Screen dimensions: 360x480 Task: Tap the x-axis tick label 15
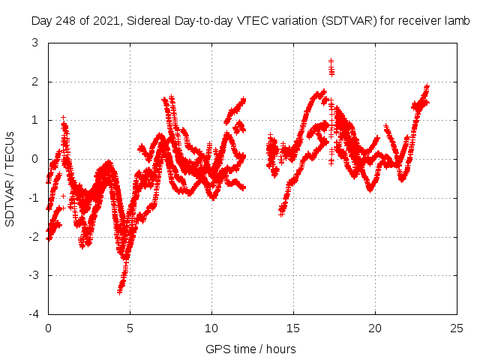point(293,328)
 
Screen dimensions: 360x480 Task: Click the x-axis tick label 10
point(211,328)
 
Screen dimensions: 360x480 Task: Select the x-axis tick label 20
point(375,328)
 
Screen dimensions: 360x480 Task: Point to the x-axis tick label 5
point(130,328)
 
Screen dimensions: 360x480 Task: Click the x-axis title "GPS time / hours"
point(250,349)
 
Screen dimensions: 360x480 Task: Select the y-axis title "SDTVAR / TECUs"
point(10,178)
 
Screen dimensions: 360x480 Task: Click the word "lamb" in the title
point(455,21)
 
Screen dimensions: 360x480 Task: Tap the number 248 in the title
point(66,21)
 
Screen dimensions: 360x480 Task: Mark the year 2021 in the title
point(109,21)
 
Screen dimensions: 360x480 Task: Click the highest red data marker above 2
point(331,61)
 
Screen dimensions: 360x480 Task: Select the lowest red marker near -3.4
point(119,291)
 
